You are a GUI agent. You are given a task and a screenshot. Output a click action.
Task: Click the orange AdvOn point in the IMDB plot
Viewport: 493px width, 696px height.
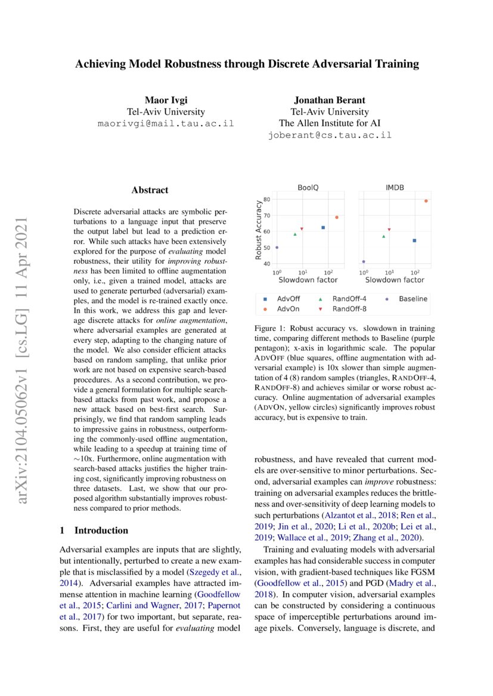pyautogui.click(x=426, y=201)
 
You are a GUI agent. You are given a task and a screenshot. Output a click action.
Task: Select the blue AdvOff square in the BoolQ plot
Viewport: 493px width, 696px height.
pyautogui.click(x=323, y=227)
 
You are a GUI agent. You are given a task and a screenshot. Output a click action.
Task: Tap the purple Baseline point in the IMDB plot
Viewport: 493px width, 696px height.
pyautogui.click(x=364, y=261)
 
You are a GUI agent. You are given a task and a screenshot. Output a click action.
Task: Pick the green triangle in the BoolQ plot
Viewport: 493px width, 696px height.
pyautogui.click(x=294, y=234)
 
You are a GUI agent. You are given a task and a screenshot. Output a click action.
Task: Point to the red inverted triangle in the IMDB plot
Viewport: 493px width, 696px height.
pyautogui.click(x=389, y=229)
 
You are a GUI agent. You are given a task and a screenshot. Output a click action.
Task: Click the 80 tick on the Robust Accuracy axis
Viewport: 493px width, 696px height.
pyautogui.click(x=266, y=200)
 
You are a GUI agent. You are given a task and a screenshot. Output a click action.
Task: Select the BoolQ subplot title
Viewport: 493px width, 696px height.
pyautogui.click(x=308, y=187)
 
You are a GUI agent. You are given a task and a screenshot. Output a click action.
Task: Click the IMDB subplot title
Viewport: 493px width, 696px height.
pyautogui.click(x=395, y=187)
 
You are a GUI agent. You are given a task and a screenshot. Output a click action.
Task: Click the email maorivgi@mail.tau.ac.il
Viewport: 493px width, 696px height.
pyautogui.click(x=166, y=124)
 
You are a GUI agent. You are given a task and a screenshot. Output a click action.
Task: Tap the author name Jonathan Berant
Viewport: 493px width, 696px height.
pyautogui.click(x=330, y=99)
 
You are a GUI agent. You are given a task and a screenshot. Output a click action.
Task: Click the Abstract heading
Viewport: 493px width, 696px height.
pyautogui.click(x=150, y=191)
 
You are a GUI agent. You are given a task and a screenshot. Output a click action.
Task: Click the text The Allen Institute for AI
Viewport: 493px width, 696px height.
pyautogui.click(x=330, y=123)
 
